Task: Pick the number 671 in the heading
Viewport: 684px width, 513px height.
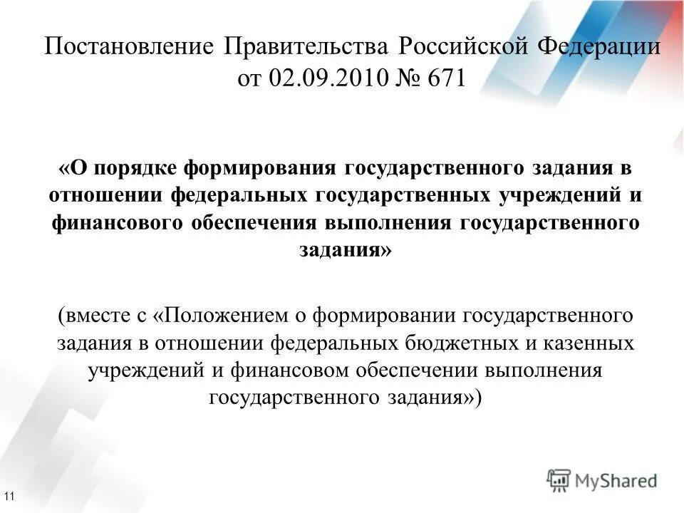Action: pyautogui.click(x=445, y=78)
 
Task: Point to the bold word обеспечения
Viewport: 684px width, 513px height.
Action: pyautogui.click(x=253, y=222)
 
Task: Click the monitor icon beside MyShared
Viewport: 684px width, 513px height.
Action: pyautogui.click(x=559, y=480)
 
